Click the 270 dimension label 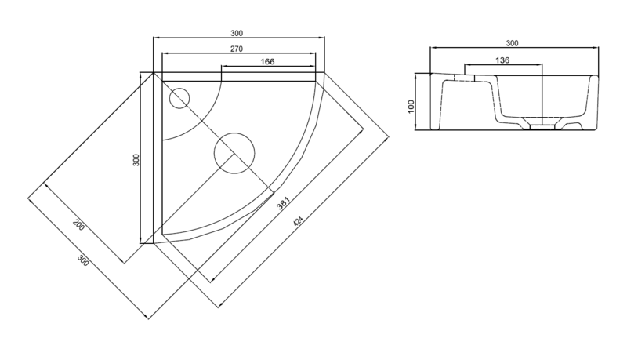[237, 49]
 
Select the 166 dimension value [267, 62]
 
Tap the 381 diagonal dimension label [283, 203]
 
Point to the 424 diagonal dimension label [299, 221]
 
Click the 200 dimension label [79, 225]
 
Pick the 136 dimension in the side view [502, 60]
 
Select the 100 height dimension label [411, 107]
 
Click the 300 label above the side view [513, 43]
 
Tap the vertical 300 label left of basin [136, 160]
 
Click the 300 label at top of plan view [237, 33]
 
